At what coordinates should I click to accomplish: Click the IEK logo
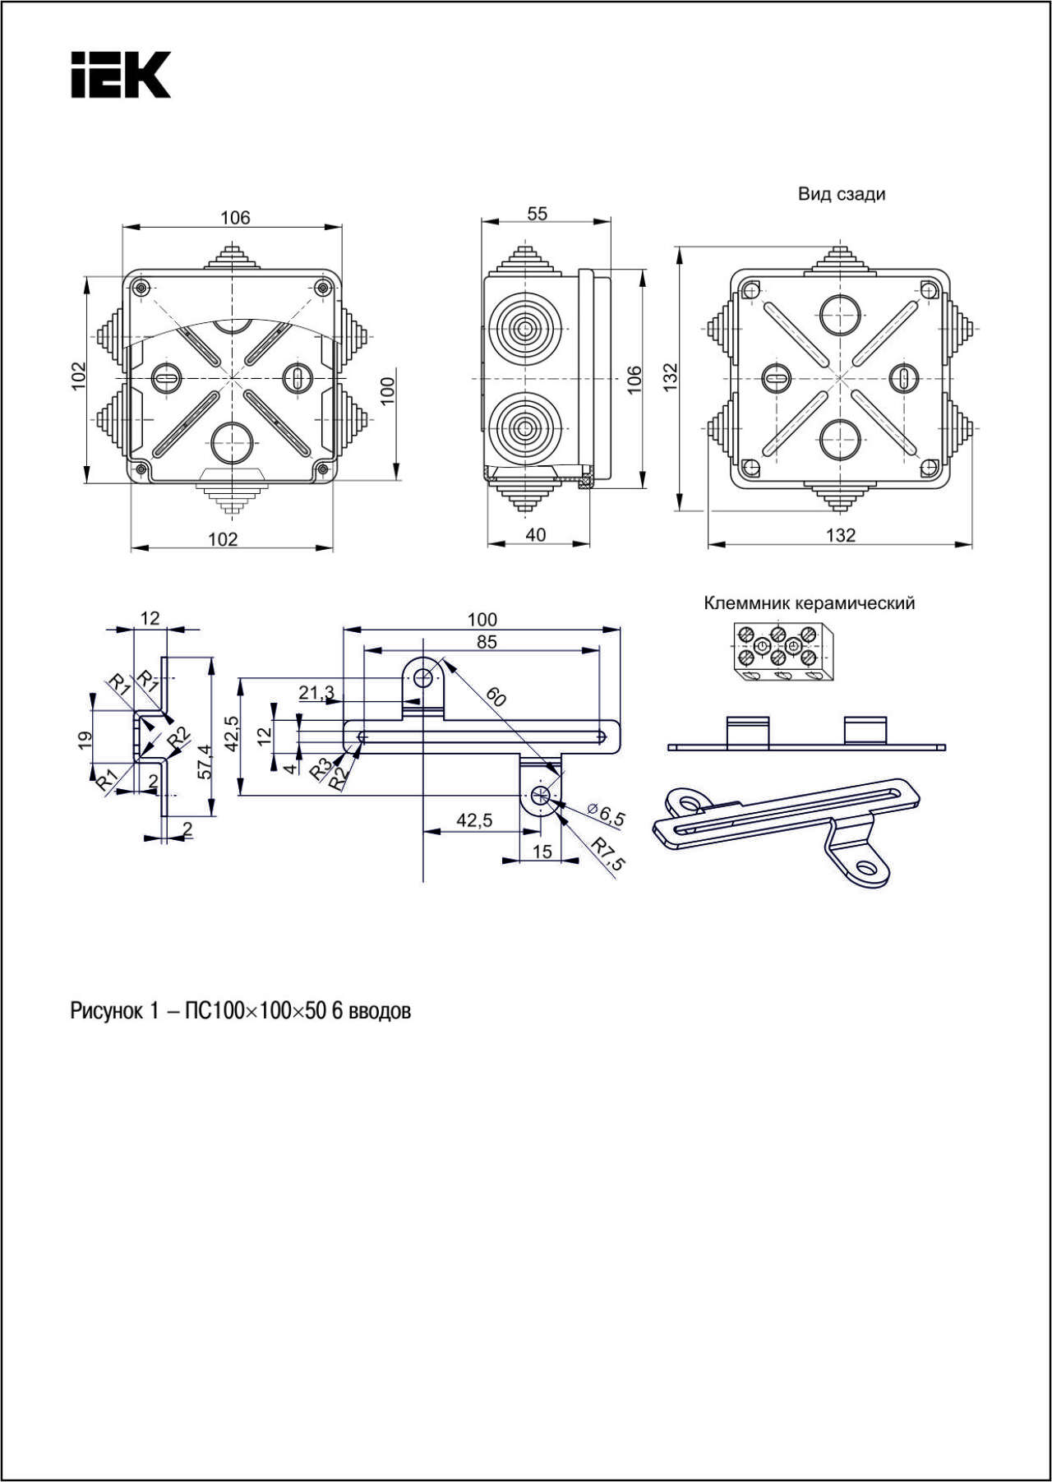(x=120, y=75)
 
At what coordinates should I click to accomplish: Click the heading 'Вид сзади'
(x=841, y=195)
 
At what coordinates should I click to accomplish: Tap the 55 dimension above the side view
(x=537, y=214)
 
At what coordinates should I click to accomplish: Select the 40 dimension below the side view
(x=535, y=535)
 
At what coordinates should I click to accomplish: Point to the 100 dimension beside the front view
(x=388, y=389)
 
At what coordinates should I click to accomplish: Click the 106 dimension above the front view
(x=235, y=218)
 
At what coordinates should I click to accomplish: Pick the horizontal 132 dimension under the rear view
(x=840, y=536)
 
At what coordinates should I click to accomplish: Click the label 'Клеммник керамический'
(x=809, y=603)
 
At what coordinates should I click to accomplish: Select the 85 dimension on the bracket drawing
(x=487, y=642)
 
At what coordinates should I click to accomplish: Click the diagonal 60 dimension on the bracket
(x=495, y=698)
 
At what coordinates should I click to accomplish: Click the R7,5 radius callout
(x=609, y=854)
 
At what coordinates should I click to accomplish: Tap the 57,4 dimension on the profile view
(x=205, y=761)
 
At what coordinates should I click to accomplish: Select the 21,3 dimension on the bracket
(x=316, y=693)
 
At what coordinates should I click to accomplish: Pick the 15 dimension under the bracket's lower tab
(x=542, y=852)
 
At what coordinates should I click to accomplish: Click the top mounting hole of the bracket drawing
(x=423, y=678)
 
